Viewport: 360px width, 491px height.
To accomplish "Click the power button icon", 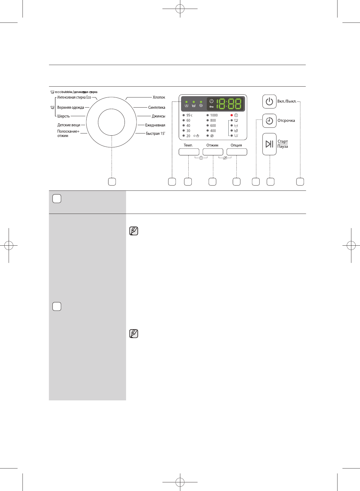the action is coord(269,101).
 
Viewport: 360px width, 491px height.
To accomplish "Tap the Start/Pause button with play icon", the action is coord(269,144).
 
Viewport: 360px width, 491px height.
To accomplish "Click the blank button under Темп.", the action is coord(189,152).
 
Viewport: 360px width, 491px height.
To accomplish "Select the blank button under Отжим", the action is coord(213,152).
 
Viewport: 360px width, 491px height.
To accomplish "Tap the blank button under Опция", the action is coord(237,152).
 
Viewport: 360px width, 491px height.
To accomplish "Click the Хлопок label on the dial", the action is coord(159,97).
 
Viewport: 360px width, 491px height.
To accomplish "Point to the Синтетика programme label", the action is coord(157,107).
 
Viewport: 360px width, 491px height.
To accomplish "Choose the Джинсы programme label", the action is coord(158,116).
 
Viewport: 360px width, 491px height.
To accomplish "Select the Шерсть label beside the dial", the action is coord(63,116).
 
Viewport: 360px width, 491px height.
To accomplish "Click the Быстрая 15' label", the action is coord(155,133).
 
